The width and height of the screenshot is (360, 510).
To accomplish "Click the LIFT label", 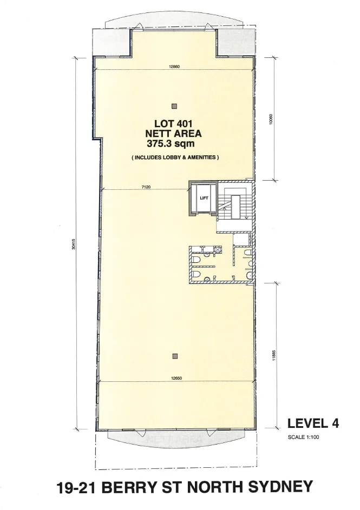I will (x=204, y=198).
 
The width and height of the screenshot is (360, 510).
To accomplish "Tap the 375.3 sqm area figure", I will (x=171, y=144).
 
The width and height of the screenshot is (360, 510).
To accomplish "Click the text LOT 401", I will (x=173, y=123).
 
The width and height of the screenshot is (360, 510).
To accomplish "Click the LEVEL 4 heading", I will (x=313, y=423).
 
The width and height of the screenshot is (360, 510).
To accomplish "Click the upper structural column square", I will (x=174, y=105).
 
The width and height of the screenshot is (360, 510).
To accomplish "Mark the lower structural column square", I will (x=174, y=355).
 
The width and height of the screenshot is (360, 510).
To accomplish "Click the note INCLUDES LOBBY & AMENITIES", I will (x=174, y=157).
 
